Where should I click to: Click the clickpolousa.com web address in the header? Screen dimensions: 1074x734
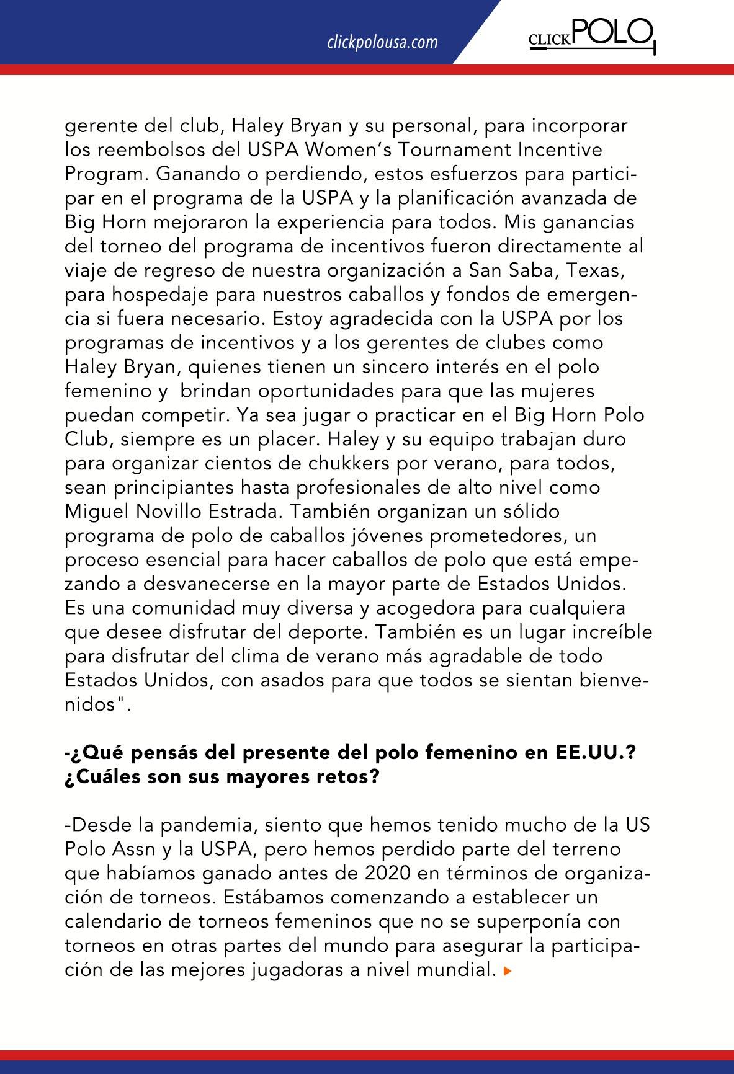[x=382, y=42]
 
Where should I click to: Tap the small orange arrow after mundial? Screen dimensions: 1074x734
[x=508, y=971]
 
